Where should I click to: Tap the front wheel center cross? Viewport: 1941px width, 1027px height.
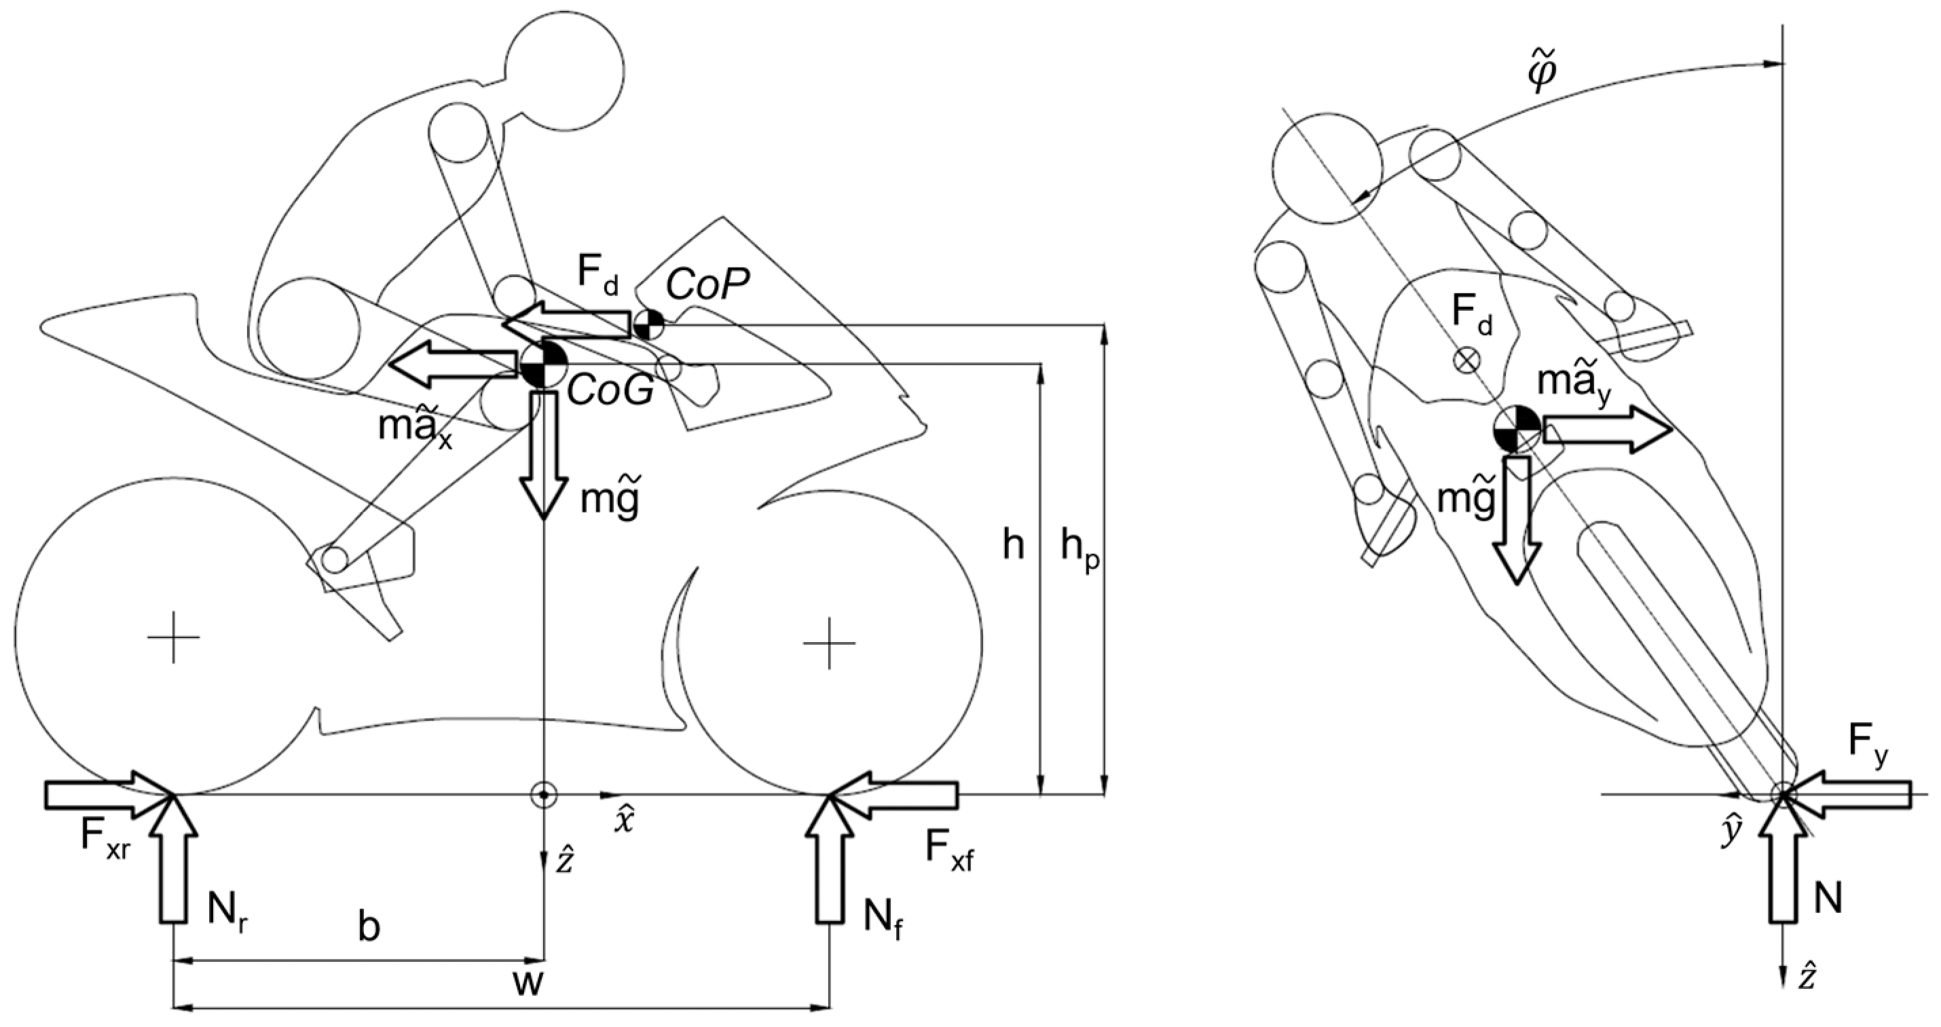point(830,643)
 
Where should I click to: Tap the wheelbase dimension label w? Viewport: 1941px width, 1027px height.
point(528,984)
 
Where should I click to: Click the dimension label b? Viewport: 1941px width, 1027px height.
point(368,929)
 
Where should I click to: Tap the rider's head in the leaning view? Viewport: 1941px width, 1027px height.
point(1327,169)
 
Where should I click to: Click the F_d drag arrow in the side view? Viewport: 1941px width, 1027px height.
point(569,324)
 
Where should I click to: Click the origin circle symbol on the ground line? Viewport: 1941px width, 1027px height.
point(543,795)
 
